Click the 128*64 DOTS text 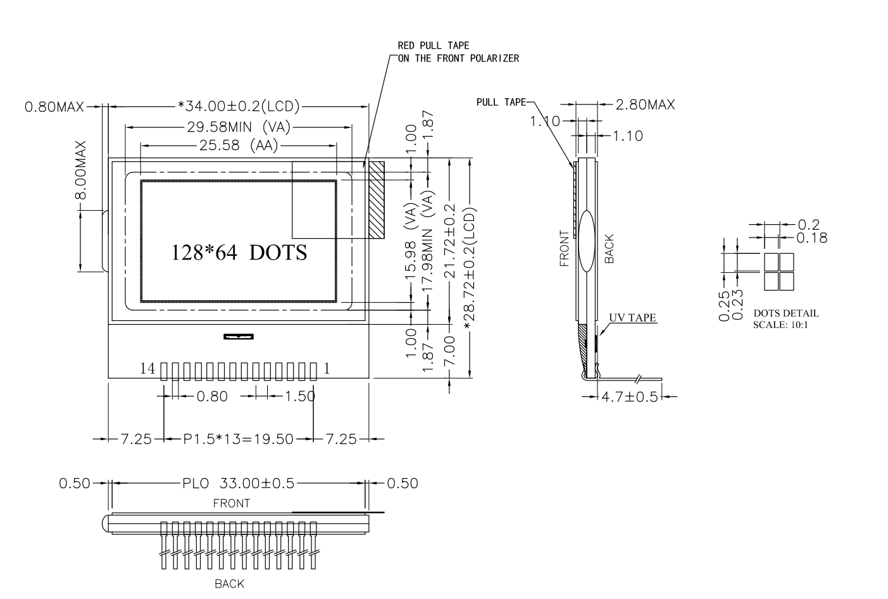click(x=239, y=252)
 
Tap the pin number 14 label click(x=147, y=369)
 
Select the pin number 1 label click(x=327, y=369)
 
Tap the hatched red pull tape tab click(x=377, y=199)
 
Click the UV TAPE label click(x=632, y=318)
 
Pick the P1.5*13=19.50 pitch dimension click(x=239, y=439)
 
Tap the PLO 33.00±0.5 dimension click(x=238, y=483)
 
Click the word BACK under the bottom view click(x=229, y=584)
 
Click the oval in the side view click(x=585, y=241)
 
